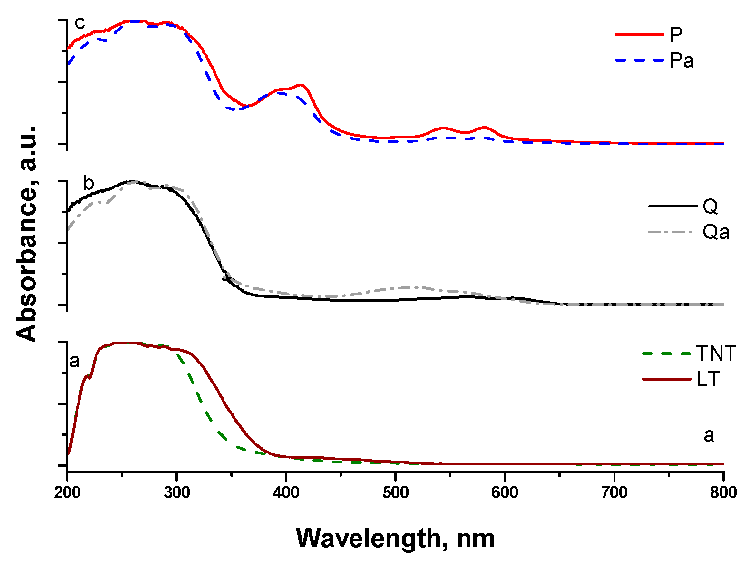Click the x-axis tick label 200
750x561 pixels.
[67, 492]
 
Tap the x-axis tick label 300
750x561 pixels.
[176, 492]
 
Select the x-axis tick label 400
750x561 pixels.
[286, 492]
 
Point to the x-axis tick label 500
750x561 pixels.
[395, 492]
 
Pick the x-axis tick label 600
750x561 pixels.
[505, 492]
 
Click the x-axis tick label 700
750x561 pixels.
[614, 492]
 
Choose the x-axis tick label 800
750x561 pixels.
[723, 492]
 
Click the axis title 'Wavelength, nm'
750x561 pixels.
[395, 538]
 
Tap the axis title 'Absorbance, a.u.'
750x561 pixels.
[27, 234]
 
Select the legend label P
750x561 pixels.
[676, 34]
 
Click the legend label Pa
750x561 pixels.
[682, 60]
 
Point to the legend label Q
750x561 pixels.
[710, 206]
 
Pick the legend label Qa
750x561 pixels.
[716, 232]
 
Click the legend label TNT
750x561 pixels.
[716, 354]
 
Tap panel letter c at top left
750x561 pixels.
[79, 23]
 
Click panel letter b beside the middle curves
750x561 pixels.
[88, 183]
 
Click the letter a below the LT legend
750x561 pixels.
[709, 435]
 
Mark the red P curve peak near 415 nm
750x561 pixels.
[301, 85]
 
